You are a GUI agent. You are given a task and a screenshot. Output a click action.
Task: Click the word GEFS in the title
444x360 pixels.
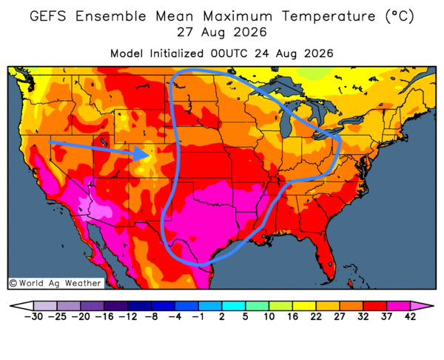tap(48, 16)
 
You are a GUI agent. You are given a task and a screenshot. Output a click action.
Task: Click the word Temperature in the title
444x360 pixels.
tap(329, 16)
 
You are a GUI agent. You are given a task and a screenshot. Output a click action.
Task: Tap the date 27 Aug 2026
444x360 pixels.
tap(222, 33)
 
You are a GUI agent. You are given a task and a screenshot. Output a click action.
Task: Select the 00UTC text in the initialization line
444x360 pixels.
tap(229, 53)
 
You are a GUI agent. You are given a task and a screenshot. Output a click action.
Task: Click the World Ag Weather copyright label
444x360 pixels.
tap(55, 283)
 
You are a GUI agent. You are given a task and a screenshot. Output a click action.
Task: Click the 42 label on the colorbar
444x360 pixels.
tap(410, 316)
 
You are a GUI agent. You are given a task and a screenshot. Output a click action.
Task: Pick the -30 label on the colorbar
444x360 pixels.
tap(33, 316)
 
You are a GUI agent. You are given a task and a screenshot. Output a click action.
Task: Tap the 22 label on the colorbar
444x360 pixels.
tap(316, 316)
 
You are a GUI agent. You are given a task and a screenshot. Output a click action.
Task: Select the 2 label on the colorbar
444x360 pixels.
tap(222, 316)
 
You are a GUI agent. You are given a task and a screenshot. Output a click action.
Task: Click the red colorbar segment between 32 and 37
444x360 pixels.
tap(375, 306)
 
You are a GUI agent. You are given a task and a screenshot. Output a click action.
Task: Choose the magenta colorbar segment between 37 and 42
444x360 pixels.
tap(398, 306)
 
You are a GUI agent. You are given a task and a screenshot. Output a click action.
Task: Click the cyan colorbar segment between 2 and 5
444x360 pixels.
tap(233, 306)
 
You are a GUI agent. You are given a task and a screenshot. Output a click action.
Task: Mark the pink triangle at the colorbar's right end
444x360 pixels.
tap(420, 306)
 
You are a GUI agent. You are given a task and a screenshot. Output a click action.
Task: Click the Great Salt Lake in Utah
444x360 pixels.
tap(103, 141)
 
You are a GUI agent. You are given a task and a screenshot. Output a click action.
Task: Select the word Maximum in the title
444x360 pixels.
tap(238, 16)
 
